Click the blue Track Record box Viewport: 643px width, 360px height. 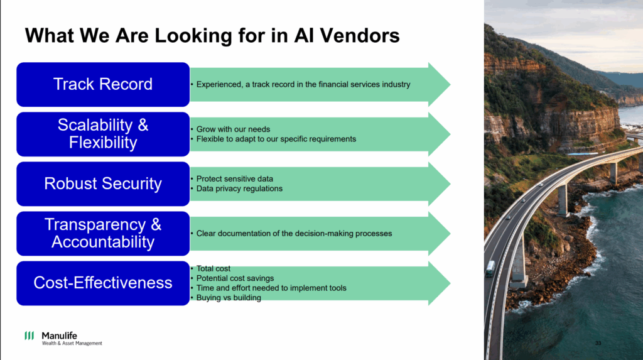click(x=103, y=84)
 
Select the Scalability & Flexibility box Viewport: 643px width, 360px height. click(x=103, y=134)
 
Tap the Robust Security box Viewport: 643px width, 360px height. click(x=103, y=183)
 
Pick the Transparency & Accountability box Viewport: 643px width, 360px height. click(x=103, y=233)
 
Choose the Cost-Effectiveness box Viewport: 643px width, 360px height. click(x=103, y=283)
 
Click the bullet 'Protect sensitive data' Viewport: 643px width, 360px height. click(x=235, y=179)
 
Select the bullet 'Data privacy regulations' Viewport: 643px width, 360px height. click(x=239, y=188)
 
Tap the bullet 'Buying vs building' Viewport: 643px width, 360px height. click(x=229, y=298)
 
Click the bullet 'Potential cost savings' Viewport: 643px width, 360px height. click(x=235, y=278)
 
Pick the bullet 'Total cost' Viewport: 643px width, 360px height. click(x=213, y=269)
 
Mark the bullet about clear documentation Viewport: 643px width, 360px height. click(x=294, y=234)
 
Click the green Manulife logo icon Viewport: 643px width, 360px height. click(x=30, y=335)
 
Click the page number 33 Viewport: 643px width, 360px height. click(x=598, y=343)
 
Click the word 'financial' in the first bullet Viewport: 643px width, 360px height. click(x=333, y=84)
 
